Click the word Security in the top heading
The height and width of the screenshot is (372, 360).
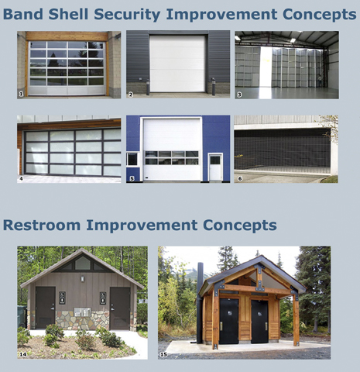point(127,15)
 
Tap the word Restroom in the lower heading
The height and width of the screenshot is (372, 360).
point(42,225)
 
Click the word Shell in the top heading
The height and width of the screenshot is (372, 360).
point(68,14)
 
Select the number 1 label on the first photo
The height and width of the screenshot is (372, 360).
point(21,95)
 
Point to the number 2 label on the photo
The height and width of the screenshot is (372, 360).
point(131,95)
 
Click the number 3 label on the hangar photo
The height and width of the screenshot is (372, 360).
point(239,95)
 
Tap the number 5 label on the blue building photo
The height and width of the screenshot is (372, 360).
point(132,178)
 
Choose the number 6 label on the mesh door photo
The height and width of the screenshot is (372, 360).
point(240,178)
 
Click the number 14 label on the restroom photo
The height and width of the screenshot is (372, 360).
point(23,354)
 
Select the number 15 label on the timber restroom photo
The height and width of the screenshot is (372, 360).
point(163,355)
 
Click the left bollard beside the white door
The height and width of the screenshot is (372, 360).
point(148,88)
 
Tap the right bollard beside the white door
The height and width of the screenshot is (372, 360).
point(214,87)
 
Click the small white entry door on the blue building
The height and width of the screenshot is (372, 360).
point(215,167)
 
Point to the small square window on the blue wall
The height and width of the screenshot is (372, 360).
point(132,159)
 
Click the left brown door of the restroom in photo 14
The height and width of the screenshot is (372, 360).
point(46,308)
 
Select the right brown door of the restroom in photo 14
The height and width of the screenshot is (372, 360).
point(120,308)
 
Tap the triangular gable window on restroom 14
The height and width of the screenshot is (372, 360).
point(83,263)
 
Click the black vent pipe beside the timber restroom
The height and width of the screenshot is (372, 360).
point(200,303)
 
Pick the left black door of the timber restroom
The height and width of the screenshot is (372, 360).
point(229,321)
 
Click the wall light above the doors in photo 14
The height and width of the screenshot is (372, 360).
point(83,279)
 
